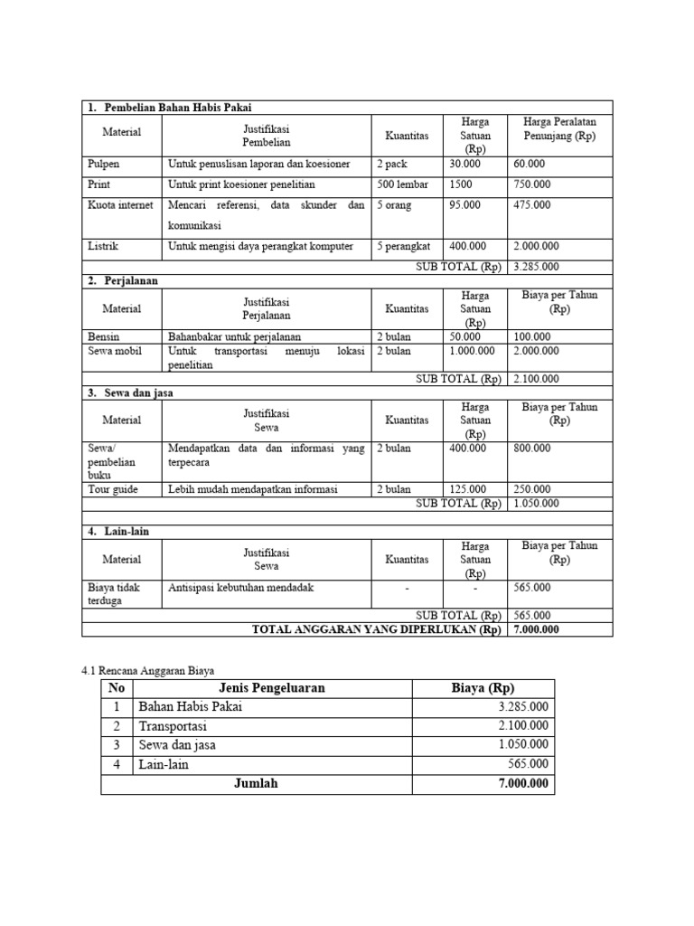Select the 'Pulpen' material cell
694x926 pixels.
click(104, 165)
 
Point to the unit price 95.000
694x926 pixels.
click(464, 205)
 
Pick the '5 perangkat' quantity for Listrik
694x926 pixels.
click(403, 246)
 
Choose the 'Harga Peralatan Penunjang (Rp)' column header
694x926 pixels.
click(560, 128)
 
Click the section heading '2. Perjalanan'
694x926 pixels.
click(123, 281)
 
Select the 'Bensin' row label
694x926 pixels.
click(104, 336)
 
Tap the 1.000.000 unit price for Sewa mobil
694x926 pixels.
click(472, 351)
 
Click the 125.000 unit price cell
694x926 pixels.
click(468, 490)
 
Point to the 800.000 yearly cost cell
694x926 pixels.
click(531, 449)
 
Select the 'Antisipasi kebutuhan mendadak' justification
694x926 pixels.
click(240, 588)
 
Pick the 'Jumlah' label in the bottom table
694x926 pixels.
click(256, 784)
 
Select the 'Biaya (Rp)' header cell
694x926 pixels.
click(483, 688)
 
